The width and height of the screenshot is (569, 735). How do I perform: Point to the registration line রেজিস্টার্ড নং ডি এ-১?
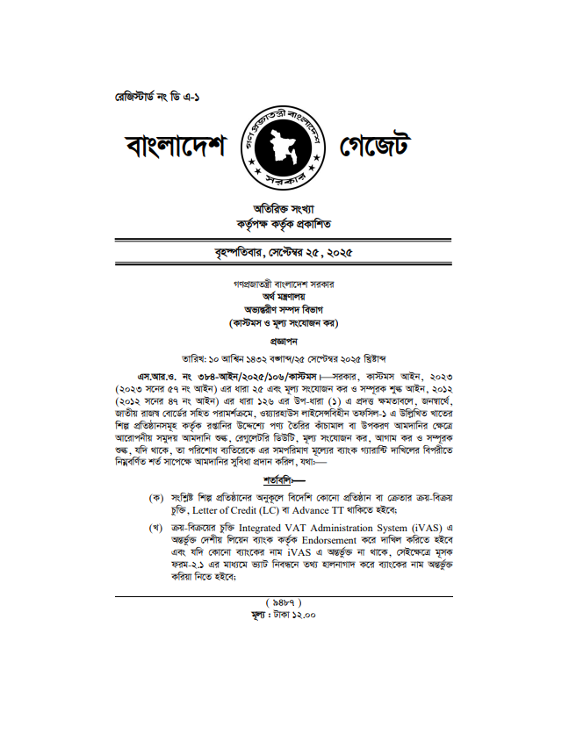pyautogui.click(x=142, y=95)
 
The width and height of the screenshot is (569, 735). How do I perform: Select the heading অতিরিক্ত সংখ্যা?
pyautogui.click(x=284, y=209)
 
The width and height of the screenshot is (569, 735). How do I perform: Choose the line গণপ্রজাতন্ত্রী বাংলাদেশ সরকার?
pyautogui.click(x=284, y=285)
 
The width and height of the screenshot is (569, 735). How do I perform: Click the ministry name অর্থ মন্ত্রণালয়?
pyautogui.click(x=284, y=298)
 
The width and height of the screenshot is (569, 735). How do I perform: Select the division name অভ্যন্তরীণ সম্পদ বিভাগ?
pyautogui.click(x=284, y=310)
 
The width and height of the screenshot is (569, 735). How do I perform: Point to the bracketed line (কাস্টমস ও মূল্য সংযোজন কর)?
pyautogui.click(x=284, y=323)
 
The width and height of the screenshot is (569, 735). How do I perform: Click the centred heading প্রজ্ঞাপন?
pyautogui.click(x=284, y=340)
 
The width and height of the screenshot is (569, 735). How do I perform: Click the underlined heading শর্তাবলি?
pyautogui.click(x=282, y=480)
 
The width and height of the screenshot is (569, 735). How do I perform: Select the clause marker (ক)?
pyautogui.click(x=157, y=498)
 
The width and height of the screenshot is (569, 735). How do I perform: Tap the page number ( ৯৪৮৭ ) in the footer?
pyautogui.click(x=284, y=602)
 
